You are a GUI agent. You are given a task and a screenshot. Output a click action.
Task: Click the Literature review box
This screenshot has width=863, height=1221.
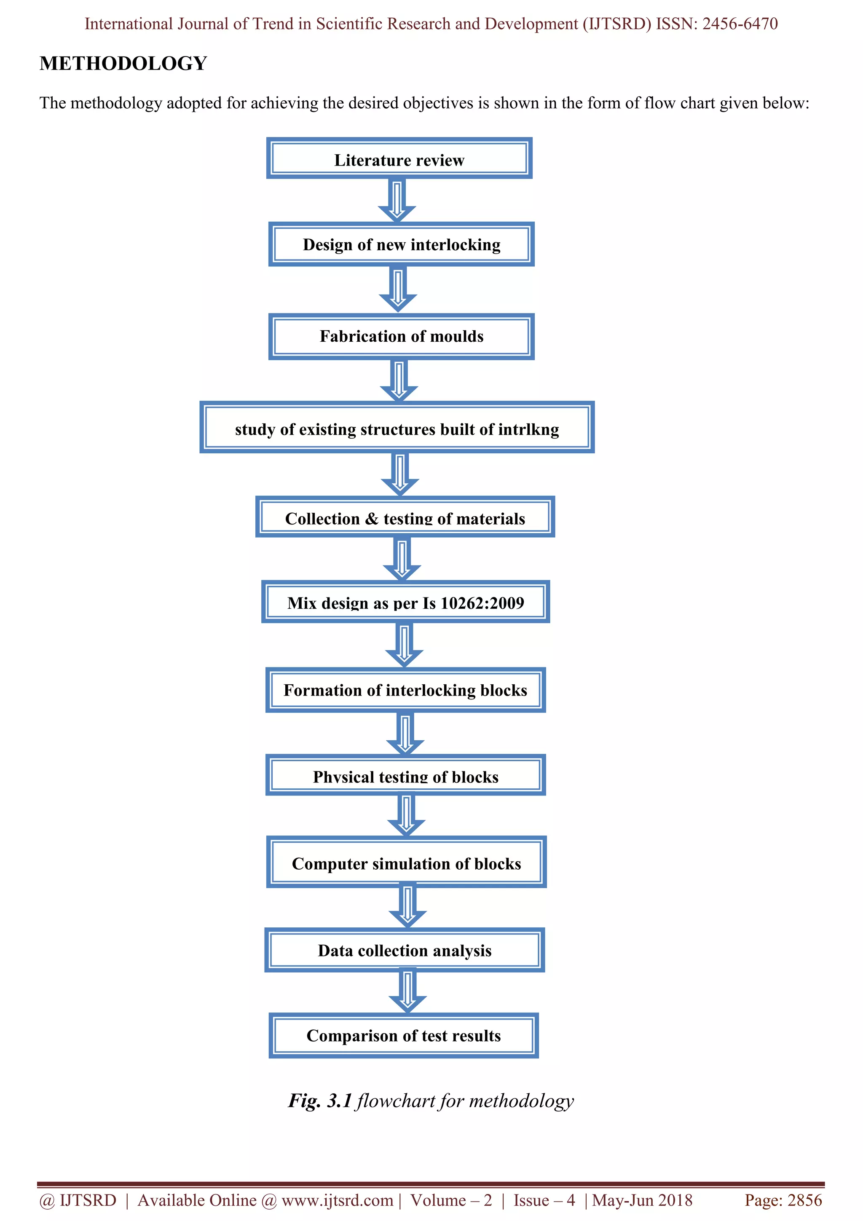(399, 159)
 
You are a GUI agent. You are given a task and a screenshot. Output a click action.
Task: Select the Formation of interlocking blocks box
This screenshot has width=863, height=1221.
(405, 690)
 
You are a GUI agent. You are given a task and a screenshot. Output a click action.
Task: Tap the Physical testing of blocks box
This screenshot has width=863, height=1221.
(405, 776)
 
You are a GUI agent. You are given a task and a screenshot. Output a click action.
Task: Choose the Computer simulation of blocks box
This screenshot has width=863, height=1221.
(406, 863)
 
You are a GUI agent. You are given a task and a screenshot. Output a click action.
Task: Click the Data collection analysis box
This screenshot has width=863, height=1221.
(404, 951)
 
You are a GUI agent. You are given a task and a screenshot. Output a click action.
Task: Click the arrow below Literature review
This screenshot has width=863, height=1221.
(397, 201)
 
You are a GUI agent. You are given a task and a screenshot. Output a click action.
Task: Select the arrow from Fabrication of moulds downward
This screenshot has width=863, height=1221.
(399, 380)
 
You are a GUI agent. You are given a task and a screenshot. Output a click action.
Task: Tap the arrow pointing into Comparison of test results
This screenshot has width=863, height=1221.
(407, 992)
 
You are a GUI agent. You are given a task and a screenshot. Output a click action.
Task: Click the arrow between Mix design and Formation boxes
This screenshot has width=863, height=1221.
(404, 645)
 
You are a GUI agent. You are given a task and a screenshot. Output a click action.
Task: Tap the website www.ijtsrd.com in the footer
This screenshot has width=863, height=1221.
(337, 1200)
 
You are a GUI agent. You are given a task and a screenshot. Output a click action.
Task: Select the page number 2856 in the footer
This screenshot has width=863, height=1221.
(804, 1200)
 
